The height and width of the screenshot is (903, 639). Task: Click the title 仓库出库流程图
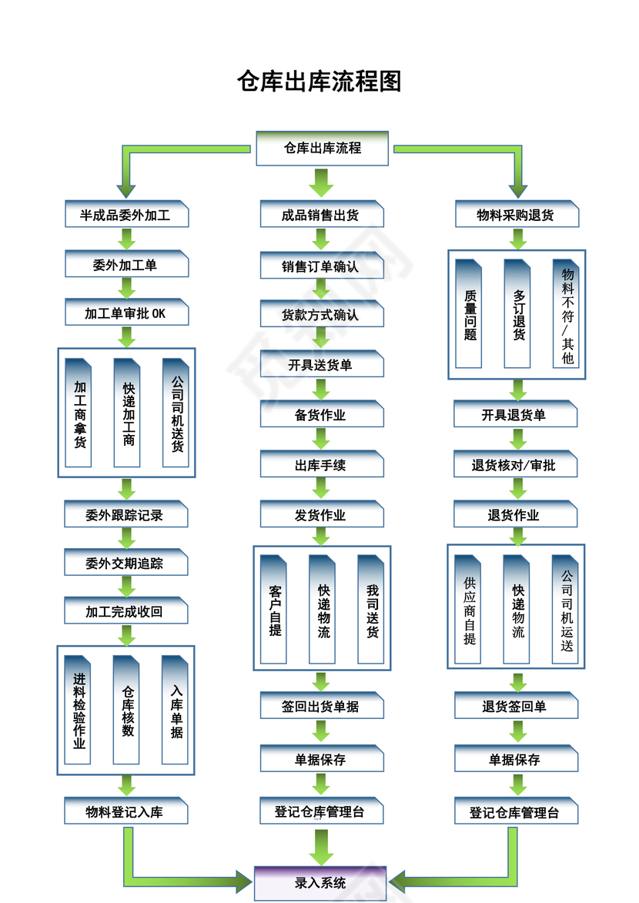pyautogui.click(x=319, y=82)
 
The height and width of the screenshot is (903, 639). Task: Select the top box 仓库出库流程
pyautogui.click(x=322, y=148)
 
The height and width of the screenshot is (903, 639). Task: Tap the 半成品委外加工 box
pyautogui.click(x=126, y=216)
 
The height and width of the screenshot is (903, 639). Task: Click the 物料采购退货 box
pyautogui.click(x=516, y=216)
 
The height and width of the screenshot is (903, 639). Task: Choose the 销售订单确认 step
pyautogui.click(x=321, y=266)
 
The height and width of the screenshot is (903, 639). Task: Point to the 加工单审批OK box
pyautogui.click(x=126, y=314)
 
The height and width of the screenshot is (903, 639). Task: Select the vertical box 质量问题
pyautogui.click(x=470, y=314)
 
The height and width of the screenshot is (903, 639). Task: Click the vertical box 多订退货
pyautogui.click(x=518, y=314)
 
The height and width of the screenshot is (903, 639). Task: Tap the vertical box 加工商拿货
pyautogui.click(x=79, y=413)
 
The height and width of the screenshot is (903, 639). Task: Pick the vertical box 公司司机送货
pyautogui.click(x=176, y=413)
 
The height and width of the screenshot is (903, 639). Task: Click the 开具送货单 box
pyautogui.click(x=321, y=365)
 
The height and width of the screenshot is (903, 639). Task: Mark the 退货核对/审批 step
pyautogui.click(x=515, y=465)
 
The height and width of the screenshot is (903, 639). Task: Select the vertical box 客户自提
pyautogui.click(x=274, y=610)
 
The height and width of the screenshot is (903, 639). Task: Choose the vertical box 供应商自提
pyautogui.click(x=469, y=610)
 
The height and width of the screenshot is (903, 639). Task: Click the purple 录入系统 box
pyautogui.click(x=320, y=883)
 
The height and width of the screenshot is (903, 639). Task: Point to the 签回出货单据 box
pyautogui.click(x=321, y=706)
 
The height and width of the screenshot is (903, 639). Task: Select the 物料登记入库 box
pyautogui.click(x=126, y=811)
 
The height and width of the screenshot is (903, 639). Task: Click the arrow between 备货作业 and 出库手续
pyautogui.click(x=322, y=440)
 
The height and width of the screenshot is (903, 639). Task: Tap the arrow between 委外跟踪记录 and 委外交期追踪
pyautogui.click(x=127, y=538)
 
